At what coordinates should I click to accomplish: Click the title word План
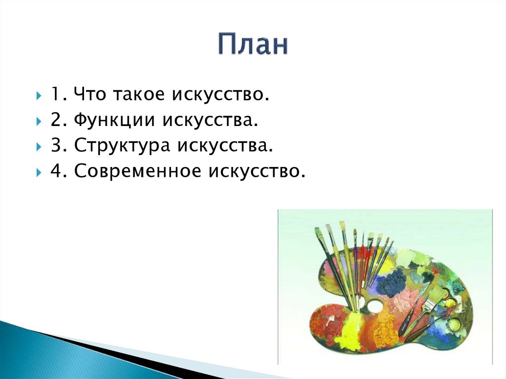tap(253, 44)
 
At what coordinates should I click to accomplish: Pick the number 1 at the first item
tap(54, 94)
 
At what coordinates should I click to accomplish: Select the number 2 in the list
tap(54, 120)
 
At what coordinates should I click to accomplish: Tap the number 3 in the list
tap(54, 146)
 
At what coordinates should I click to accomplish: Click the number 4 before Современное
tap(54, 171)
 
